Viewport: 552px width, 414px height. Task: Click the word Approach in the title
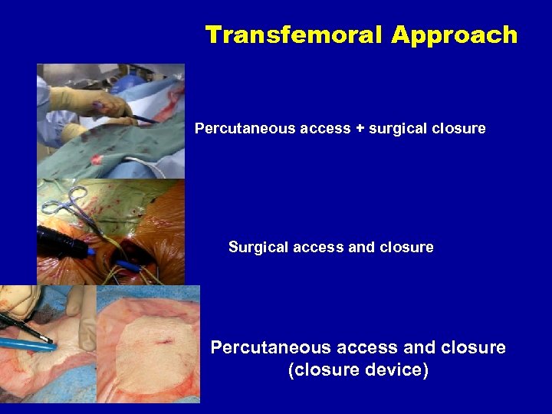(x=454, y=35)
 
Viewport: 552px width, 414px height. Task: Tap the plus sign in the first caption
(x=359, y=129)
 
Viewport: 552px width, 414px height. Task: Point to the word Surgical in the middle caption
(x=258, y=248)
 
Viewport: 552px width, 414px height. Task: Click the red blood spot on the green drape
(x=97, y=159)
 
